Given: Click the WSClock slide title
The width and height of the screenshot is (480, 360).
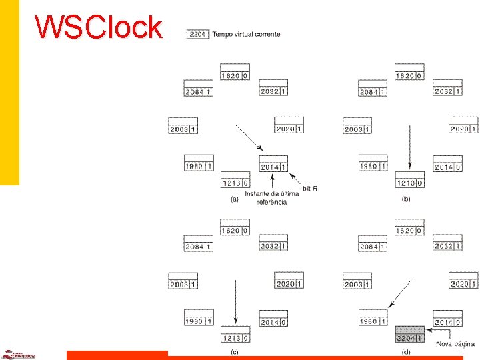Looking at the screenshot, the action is pyautogui.click(x=99, y=27).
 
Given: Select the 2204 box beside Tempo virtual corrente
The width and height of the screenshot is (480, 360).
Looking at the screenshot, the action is pyautogui.click(x=199, y=34).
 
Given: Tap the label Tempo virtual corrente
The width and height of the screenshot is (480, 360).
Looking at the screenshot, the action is pyautogui.click(x=246, y=34).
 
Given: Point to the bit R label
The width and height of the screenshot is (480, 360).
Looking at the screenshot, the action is pyautogui.click(x=310, y=189).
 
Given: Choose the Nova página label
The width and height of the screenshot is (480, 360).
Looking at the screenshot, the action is pyautogui.click(x=455, y=344).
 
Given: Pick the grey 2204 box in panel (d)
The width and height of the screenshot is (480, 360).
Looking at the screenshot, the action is pyautogui.click(x=410, y=331).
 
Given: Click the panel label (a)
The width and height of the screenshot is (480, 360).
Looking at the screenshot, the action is pyautogui.click(x=234, y=199).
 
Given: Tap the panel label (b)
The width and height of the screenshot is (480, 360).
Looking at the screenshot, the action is pyautogui.click(x=405, y=199).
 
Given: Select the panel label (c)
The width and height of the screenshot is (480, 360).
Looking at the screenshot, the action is pyautogui.click(x=234, y=351).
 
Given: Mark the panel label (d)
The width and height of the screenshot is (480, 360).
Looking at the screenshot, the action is pyautogui.click(x=405, y=351).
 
